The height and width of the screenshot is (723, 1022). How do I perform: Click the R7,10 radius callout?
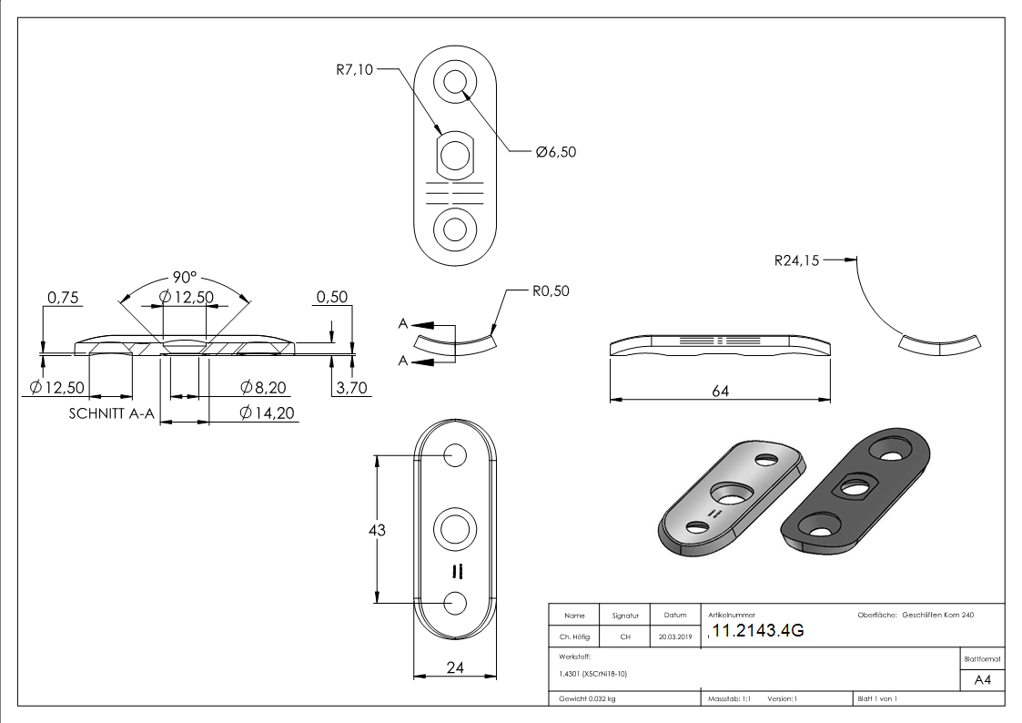click(x=353, y=68)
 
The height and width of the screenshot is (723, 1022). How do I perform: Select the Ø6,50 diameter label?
click(x=556, y=152)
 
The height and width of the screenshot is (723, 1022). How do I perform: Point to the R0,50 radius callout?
click(x=551, y=291)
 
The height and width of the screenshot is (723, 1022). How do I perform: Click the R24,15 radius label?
click(x=796, y=260)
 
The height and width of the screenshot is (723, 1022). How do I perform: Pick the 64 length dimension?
click(x=720, y=391)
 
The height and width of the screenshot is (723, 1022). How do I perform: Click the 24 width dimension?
click(x=456, y=667)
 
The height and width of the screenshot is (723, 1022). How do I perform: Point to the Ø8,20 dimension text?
click(x=264, y=388)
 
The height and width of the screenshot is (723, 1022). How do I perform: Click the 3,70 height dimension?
click(x=350, y=388)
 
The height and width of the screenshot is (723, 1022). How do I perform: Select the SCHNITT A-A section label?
click(x=112, y=413)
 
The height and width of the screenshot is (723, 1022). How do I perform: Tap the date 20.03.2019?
click(x=674, y=637)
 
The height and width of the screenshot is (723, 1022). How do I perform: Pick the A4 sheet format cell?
click(x=982, y=679)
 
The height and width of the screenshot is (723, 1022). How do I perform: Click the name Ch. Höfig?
click(x=573, y=637)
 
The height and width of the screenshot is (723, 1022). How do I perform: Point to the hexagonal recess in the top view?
click(x=456, y=155)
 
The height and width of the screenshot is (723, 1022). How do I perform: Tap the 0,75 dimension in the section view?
click(x=65, y=297)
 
